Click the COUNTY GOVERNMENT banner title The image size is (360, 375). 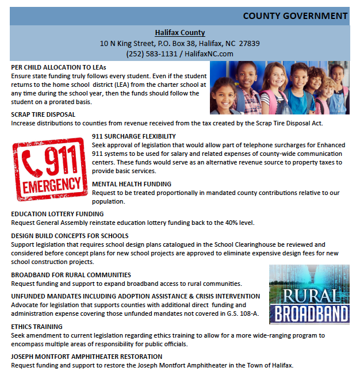pos(295,16)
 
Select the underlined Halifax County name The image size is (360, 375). pos(179,33)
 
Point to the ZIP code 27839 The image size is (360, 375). pos(249,43)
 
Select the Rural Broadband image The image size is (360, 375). pos(309,294)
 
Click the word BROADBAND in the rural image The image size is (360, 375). pos(311,313)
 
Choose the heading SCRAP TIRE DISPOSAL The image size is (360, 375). pos(43,114)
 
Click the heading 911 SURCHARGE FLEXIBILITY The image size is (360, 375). pos(134,136)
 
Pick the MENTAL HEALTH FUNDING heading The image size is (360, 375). pos(132,184)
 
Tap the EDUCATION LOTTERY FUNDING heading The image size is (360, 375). pos(58,214)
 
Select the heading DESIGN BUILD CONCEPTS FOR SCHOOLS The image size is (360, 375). pos(70,236)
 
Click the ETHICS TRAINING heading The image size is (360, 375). pos(37,327)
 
